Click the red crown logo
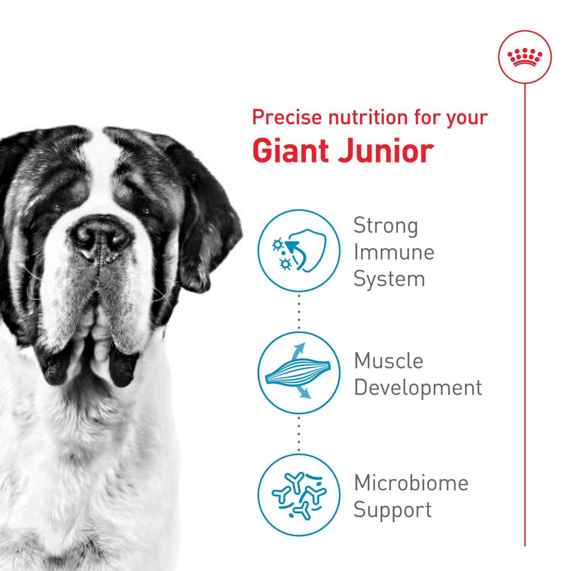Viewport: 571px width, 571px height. [525, 57]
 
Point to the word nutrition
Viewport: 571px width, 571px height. [368, 117]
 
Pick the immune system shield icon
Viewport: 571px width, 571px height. [299, 251]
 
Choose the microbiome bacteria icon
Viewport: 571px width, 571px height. [299, 495]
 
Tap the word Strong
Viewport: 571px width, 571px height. [385, 226]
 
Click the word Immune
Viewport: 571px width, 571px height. [394, 252]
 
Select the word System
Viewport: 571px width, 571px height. [389, 279]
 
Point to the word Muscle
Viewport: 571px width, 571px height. [388, 361]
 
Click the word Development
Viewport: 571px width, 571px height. [418, 388]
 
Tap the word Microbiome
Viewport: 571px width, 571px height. [411, 483]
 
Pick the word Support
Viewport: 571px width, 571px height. [392, 510]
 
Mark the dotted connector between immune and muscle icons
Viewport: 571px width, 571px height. [299, 312]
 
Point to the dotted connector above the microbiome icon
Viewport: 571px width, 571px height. [299, 434]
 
